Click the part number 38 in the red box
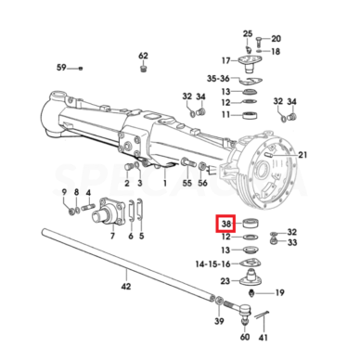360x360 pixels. pyautogui.click(x=226, y=224)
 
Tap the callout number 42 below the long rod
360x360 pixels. pyautogui.click(x=126, y=287)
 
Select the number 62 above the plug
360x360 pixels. pyautogui.click(x=143, y=56)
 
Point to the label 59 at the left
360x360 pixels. pyautogui.click(x=61, y=67)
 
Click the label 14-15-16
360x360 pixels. pyautogui.click(x=212, y=264)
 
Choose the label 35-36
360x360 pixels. pyautogui.click(x=218, y=79)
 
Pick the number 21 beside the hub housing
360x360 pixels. pyautogui.click(x=302, y=154)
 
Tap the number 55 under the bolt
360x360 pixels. pyautogui.click(x=187, y=183)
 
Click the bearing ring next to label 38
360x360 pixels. pyautogui.click(x=251, y=224)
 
